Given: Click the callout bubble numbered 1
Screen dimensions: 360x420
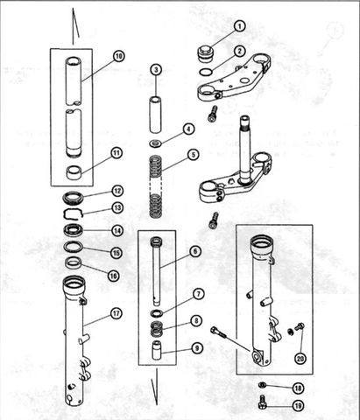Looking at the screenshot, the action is click(239, 26).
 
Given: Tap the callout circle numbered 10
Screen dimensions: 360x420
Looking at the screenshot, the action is click(118, 56).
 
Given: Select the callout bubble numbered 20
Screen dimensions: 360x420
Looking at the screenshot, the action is click(300, 359).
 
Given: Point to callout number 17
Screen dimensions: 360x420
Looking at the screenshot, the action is click(116, 313).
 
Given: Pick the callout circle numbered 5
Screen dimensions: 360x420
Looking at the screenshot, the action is click(194, 154).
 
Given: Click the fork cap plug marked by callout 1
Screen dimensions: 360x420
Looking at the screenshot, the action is click(207, 54).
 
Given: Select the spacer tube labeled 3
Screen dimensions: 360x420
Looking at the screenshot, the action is click(155, 115).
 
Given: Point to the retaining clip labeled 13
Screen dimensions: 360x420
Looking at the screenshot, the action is click(73, 213).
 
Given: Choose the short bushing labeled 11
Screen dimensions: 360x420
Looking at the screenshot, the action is click(74, 172).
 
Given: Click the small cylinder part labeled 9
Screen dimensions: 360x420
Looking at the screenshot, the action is click(157, 350).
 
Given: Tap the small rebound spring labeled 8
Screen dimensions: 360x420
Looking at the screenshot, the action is click(156, 328).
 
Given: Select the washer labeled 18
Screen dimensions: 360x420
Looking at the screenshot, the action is click(262, 385).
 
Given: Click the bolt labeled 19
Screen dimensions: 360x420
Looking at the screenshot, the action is click(262, 402).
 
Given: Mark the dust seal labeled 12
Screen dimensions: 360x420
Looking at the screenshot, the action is click(74, 197).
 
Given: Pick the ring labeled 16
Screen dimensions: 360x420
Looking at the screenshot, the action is click(74, 263).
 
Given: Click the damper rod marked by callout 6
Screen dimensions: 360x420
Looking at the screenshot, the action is click(156, 271).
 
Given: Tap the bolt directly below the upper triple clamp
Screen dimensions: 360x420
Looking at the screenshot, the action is click(213, 114).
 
